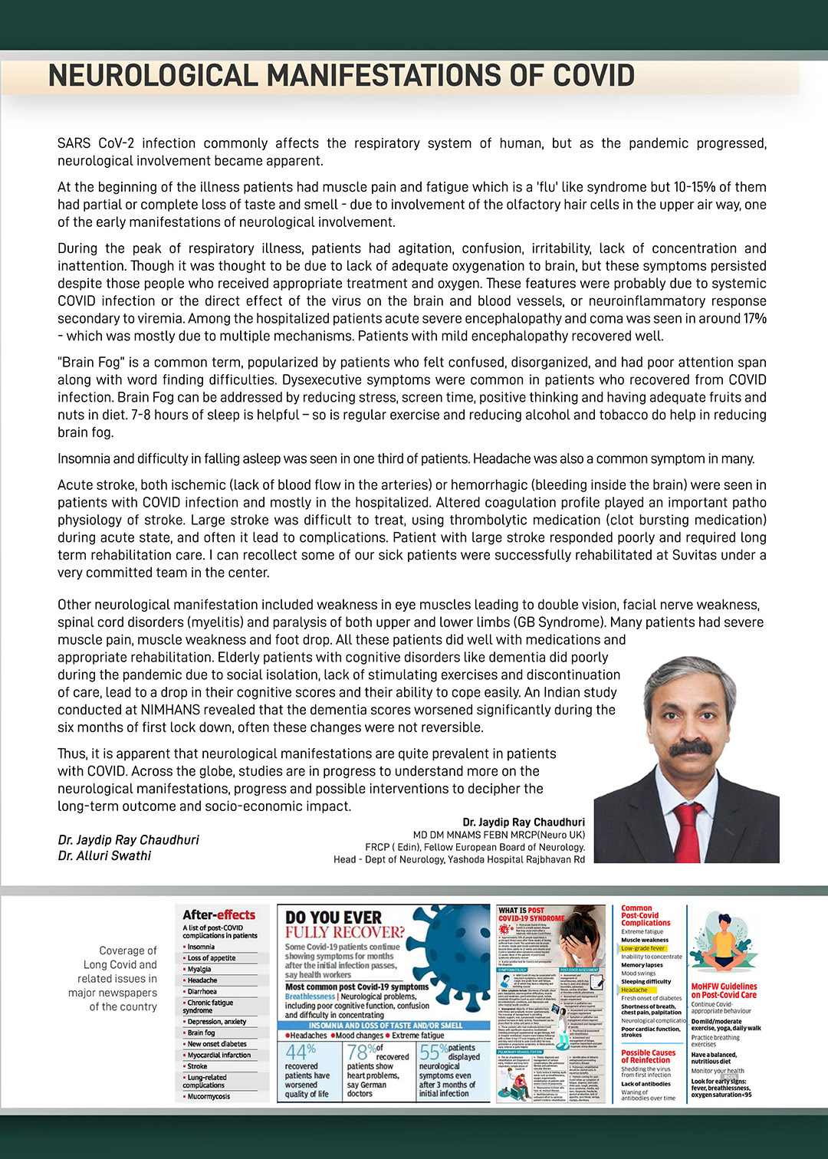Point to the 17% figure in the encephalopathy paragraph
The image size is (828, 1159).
click(754, 318)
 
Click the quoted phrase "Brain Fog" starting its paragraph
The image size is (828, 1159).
click(89, 362)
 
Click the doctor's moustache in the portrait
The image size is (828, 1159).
click(690, 747)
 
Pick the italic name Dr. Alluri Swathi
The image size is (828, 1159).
click(104, 855)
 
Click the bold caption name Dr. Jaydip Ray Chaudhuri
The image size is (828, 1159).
click(524, 822)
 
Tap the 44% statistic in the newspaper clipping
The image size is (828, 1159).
click(301, 1052)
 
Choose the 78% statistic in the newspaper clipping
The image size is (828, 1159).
click(361, 1052)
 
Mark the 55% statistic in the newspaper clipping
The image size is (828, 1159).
click(433, 1052)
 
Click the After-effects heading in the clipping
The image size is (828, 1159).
click(219, 914)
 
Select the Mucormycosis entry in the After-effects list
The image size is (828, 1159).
click(209, 1096)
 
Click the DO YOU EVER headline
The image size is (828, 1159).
click(333, 918)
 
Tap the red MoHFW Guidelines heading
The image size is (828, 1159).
click(724, 990)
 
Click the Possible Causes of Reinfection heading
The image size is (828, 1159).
click(649, 1056)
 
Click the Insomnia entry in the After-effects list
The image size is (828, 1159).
click(201, 947)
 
